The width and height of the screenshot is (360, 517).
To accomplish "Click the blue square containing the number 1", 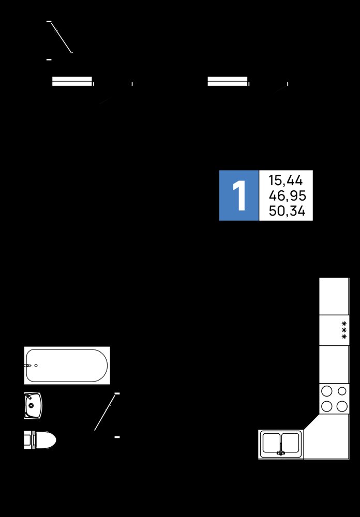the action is pos(239,195).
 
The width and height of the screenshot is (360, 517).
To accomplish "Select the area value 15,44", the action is pos(286,180).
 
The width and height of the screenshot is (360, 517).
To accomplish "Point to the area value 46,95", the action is pos(287,196).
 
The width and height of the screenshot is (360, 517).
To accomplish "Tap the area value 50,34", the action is pos(287,211).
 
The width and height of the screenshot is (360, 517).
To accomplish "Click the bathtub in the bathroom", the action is pos(67,366).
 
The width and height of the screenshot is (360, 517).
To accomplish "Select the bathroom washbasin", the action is pos(33,405).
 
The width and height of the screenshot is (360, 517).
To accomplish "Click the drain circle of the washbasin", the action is pos(31,405).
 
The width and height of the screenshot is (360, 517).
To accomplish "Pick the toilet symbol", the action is pos(40,440).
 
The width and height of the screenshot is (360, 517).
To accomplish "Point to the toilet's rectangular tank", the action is pos(28,440).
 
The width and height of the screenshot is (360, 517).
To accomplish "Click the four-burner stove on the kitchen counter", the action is pos(334,399).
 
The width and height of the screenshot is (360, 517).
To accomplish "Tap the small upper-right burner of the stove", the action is pos(342,391).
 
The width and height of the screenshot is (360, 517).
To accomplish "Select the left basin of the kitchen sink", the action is pos(271,443).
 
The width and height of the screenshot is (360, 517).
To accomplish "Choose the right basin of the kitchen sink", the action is pos(290,443).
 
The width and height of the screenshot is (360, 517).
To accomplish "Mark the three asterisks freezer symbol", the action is pos(344,330).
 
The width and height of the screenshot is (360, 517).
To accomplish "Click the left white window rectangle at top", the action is pos(72,81).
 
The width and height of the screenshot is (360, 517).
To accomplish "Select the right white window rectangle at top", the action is pos(228,81).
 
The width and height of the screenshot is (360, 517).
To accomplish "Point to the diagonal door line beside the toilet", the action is pos(105,413).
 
